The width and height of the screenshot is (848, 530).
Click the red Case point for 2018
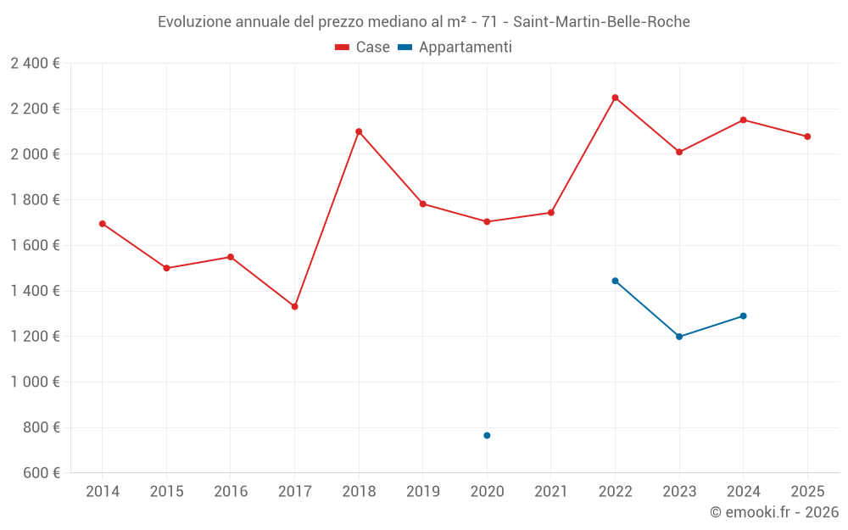tap(359, 131)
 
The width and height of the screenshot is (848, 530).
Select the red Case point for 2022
tap(615, 98)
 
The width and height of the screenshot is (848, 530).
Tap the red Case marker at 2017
tap(294, 306)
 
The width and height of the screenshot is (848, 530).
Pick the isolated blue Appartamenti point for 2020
tap(487, 435)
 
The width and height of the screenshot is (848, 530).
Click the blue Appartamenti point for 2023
tap(679, 337)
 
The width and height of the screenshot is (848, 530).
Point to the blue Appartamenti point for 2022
tap(615, 281)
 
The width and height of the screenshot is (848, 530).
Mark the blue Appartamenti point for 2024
tap(743, 315)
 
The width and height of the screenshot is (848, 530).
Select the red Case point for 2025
tap(807, 137)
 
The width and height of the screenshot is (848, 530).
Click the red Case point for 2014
tap(103, 224)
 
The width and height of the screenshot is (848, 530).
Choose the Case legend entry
tap(363, 47)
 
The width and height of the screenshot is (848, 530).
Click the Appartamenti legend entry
tap(455, 47)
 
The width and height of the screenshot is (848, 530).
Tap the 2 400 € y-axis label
tap(35, 63)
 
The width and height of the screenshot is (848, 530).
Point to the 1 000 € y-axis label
tap(35, 382)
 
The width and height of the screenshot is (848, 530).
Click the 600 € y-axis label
tap(41, 472)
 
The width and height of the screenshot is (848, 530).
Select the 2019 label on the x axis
tap(422, 492)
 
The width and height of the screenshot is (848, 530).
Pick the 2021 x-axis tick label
tap(550, 492)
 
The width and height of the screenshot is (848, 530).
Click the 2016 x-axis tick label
tap(231, 492)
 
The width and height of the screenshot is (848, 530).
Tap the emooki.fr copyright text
tap(773, 512)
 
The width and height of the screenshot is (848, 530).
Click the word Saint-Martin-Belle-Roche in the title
tap(601, 21)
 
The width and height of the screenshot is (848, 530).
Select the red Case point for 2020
tap(487, 221)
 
